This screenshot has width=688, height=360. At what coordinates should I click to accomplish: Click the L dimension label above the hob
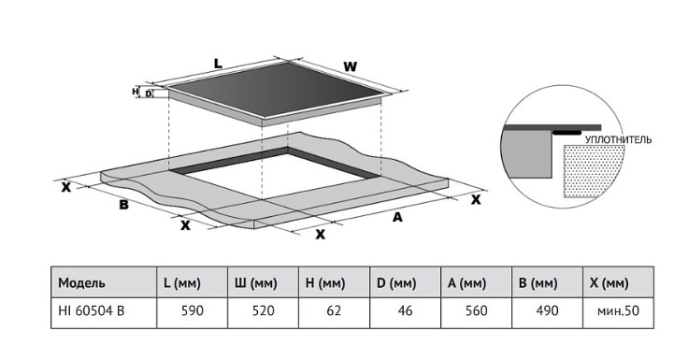(218, 64)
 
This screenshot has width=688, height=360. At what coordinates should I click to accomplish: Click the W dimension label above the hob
(351, 66)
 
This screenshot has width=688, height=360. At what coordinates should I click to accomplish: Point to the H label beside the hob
(136, 92)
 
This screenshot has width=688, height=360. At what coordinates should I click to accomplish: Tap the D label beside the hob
(149, 94)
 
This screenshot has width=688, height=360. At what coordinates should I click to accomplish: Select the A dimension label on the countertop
(397, 217)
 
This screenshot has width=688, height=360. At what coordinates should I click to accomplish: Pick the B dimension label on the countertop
(124, 204)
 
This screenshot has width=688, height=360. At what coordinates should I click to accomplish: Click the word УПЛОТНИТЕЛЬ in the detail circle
(618, 140)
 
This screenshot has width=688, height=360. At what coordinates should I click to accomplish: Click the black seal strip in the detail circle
(566, 132)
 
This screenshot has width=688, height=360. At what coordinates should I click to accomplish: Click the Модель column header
(81, 282)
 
